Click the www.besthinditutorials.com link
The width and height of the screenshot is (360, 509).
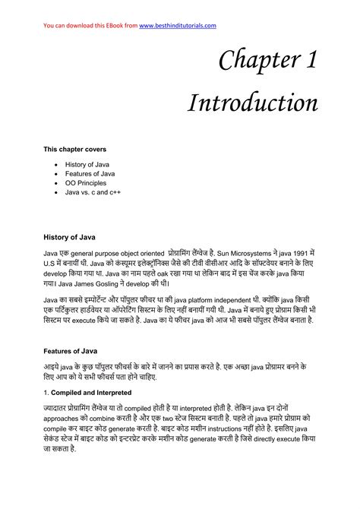tap(178, 26)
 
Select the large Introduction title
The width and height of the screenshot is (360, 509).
tap(253, 103)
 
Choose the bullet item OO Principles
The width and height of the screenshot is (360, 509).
tap(85, 183)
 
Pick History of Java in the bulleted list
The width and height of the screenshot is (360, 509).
tap(87, 163)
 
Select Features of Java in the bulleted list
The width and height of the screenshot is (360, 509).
tap(88, 173)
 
